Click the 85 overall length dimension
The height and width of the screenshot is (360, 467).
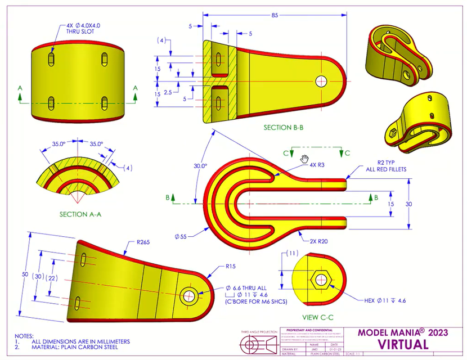point(274,15)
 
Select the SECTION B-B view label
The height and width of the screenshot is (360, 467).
point(284,128)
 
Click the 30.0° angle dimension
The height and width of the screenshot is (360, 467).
point(200,166)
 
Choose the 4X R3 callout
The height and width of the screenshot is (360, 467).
point(316,165)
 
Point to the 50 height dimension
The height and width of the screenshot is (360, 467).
point(24,274)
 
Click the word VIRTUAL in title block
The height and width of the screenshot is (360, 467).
point(406,343)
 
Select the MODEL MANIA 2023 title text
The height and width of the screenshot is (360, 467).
point(403,332)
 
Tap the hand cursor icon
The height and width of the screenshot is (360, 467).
point(305,158)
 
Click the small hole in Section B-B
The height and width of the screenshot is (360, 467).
point(321,81)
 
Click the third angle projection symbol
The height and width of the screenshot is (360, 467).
point(258,344)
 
